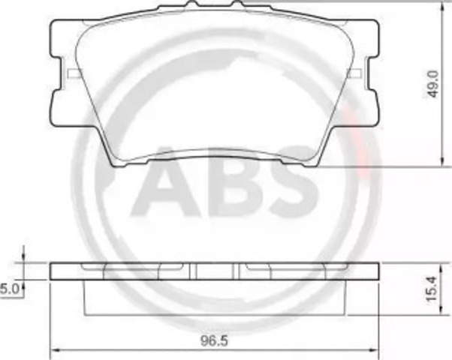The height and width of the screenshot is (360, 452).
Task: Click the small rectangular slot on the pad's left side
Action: click(x=74, y=73)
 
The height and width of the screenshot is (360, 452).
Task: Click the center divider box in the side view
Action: click(x=216, y=271)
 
